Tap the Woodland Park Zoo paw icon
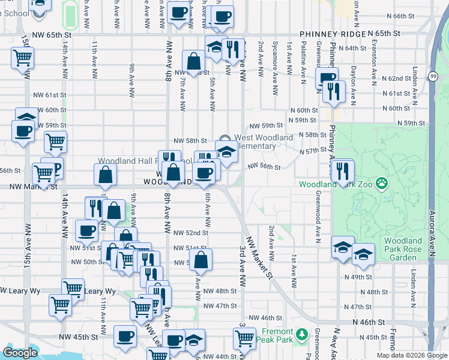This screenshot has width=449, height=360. [381, 182]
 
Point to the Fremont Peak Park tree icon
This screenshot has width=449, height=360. [303, 334]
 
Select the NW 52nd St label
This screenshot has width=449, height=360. [190, 233]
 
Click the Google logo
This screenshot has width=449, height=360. [20, 353]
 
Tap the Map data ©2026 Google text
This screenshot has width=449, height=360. [411, 355]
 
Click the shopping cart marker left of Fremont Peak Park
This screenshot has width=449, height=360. [244, 340]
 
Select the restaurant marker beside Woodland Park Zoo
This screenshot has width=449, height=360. [343, 171]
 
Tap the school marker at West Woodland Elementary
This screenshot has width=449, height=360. [226, 153]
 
